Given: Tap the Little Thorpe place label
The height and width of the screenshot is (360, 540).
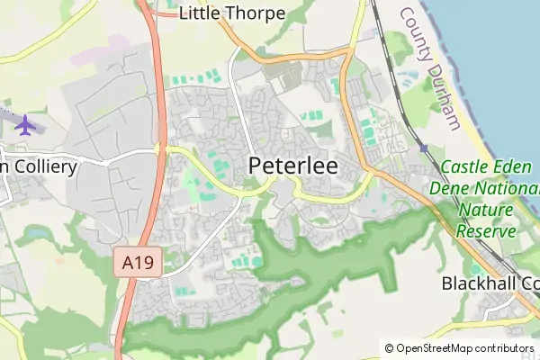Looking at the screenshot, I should [232, 13].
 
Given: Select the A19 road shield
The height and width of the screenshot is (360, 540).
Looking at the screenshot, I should [131, 264].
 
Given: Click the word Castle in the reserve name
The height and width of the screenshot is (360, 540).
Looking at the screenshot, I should [465, 167].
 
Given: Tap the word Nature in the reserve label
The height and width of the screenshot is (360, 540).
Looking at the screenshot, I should [484, 210].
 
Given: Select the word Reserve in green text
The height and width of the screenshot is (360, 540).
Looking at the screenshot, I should [486, 230].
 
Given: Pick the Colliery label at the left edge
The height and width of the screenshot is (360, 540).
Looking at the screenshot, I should [40, 166].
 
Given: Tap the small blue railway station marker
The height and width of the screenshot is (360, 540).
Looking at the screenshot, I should [423, 148].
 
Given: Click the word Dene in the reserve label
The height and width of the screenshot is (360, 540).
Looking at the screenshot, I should [449, 189].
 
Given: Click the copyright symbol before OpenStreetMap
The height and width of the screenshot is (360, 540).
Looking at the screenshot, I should [389, 348].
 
